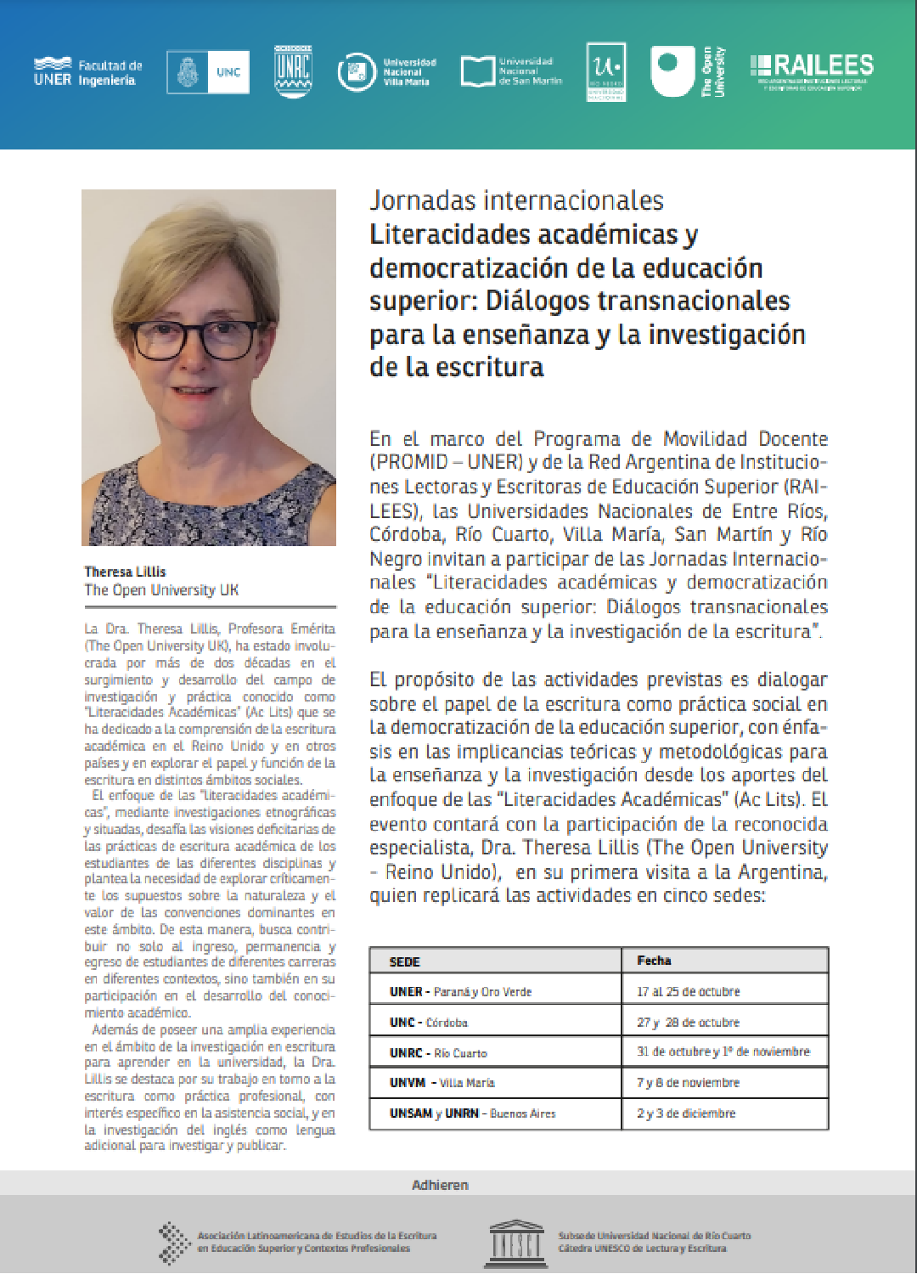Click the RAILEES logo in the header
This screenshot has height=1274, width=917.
[812, 70]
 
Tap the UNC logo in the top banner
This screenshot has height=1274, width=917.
[208, 72]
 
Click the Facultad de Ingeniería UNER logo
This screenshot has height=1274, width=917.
[87, 72]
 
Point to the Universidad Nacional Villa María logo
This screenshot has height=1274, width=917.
[386, 72]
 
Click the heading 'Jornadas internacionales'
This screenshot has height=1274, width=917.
[516, 200]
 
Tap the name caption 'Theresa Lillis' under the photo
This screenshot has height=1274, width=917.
[125, 572]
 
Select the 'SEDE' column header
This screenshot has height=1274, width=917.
[404, 961]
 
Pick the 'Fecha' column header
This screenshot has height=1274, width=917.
[654, 961]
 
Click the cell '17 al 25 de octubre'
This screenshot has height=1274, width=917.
[688, 991]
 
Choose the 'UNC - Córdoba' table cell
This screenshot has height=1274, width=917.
[429, 1023]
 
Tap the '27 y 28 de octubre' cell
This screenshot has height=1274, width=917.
[688, 1023]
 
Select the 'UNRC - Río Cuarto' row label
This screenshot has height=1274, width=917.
[438, 1053]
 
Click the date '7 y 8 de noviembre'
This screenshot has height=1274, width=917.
[688, 1083]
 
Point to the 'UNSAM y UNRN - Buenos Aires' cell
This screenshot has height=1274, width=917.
[472, 1113]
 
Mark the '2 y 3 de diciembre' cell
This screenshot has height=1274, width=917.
[686, 1113]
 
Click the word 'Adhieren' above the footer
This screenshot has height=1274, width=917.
[440, 1185]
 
